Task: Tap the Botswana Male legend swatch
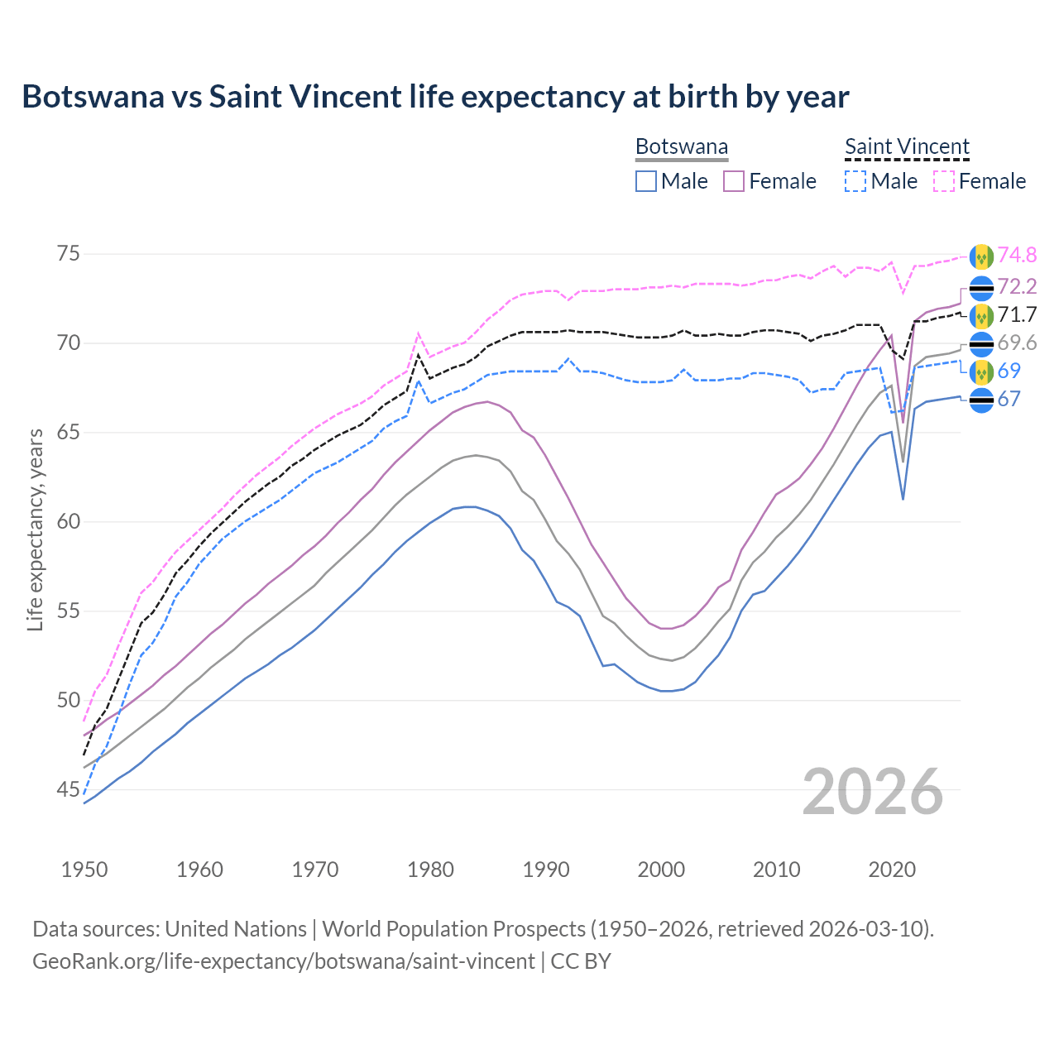(646, 181)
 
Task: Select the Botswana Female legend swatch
(735, 181)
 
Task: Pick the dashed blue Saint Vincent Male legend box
(855, 181)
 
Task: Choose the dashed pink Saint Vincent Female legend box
(944, 181)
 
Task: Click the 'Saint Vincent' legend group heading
(907, 146)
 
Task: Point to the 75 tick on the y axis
(68, 254)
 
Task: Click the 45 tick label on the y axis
(68, 790)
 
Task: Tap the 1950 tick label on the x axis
(84, 870)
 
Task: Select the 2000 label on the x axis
(661, 870)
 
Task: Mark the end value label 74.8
(1017, 256)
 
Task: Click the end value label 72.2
(1017, 286)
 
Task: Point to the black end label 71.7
(1017, 314)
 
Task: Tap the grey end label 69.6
(1017, 343)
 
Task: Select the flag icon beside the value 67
(981, 400)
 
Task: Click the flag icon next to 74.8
(981, 256)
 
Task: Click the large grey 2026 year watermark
(873, 792)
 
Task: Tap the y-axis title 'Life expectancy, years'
(35, 529)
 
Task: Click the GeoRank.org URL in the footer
(283, 961)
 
